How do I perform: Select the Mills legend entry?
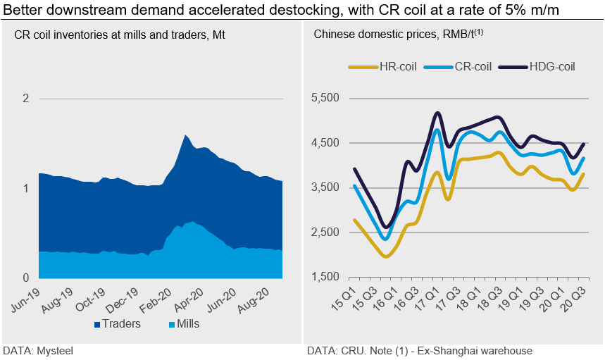click(184, 324)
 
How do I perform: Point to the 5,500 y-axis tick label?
click(326, 99)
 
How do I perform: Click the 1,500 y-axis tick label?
click(326, 277)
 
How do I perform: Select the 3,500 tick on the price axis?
click(326, 188)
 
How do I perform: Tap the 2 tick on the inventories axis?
click(25, 99)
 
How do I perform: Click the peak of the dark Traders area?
click(185, 135)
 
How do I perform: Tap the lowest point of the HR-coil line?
click(385, 256)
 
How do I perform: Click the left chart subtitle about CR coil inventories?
click(116, 35)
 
